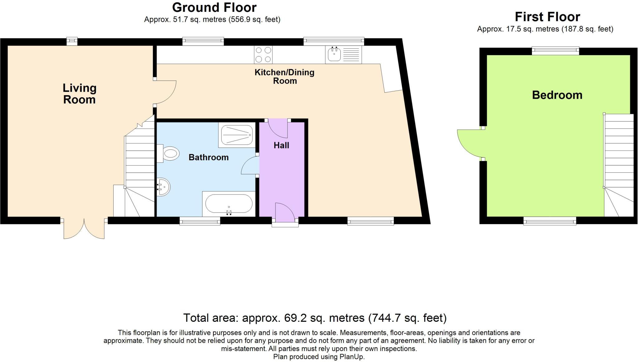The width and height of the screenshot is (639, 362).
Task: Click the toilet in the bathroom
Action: coord(168,153)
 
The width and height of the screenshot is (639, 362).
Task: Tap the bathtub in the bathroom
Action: coord(229,204)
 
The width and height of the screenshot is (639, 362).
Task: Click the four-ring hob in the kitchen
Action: coord(263,55)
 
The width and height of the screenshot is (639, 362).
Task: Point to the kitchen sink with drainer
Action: coord(343,55)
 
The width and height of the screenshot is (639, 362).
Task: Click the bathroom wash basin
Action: coord(163,187)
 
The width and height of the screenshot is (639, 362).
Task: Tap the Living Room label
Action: coord(79,94)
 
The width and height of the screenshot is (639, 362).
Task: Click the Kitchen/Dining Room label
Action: coord(285,76)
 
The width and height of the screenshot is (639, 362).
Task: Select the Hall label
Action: coord(281,145)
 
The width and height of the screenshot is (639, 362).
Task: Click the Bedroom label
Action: coord(557,95)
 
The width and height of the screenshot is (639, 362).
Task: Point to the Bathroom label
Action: coord(208,157)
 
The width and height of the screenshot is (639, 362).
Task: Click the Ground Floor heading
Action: coord(214,7)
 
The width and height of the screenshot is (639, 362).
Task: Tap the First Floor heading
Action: coord(547,17)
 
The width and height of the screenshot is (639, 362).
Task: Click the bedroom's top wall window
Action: coord(555,51)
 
